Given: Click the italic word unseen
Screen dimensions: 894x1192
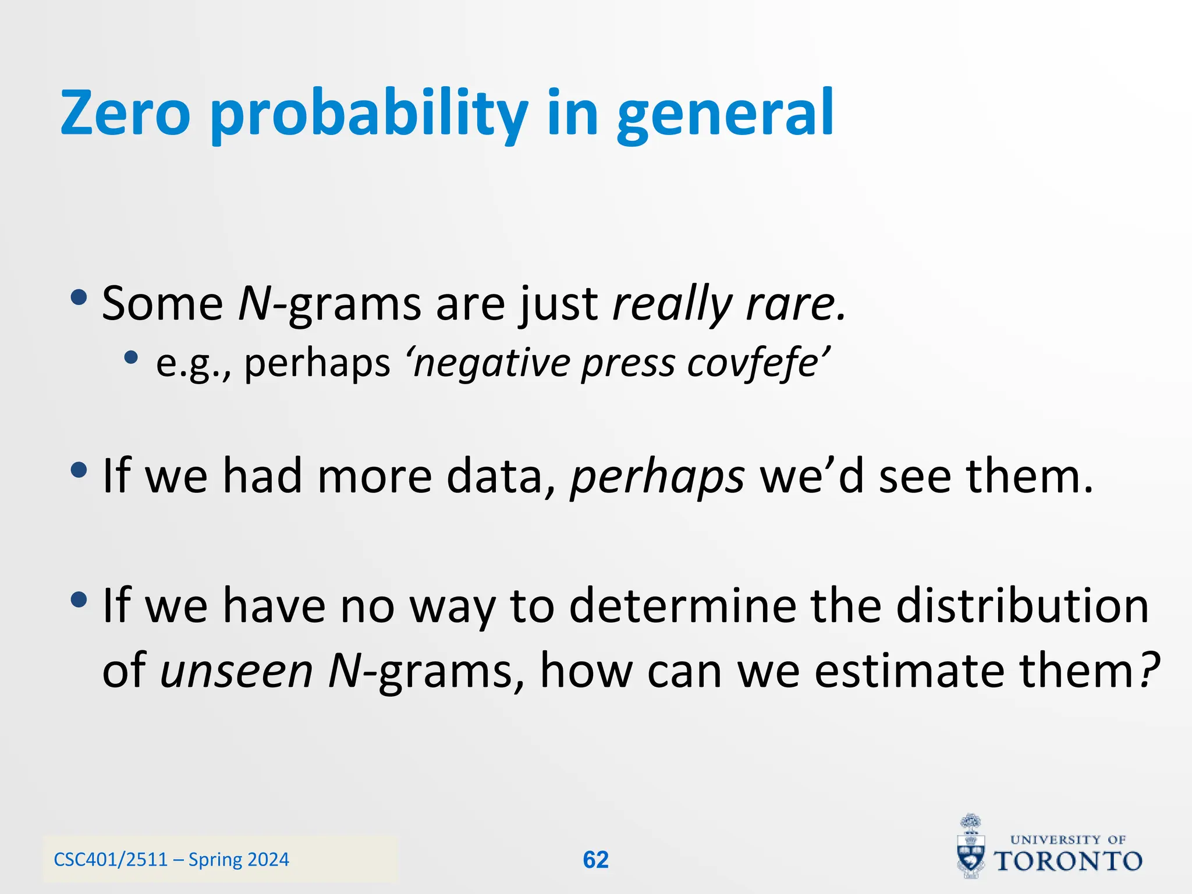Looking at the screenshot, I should click(236, 670).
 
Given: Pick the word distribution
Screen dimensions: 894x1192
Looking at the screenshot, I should click(1022, 605).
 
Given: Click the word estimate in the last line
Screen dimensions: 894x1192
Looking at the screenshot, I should click(909, 670).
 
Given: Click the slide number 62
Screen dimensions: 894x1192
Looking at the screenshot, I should click(595, 860).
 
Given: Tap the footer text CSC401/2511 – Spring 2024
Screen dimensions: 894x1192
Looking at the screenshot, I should click(171, 860).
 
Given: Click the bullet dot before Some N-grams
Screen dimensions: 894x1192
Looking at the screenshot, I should click(78, 298).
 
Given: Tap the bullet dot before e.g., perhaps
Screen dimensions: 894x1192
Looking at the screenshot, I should click(131, 357).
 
